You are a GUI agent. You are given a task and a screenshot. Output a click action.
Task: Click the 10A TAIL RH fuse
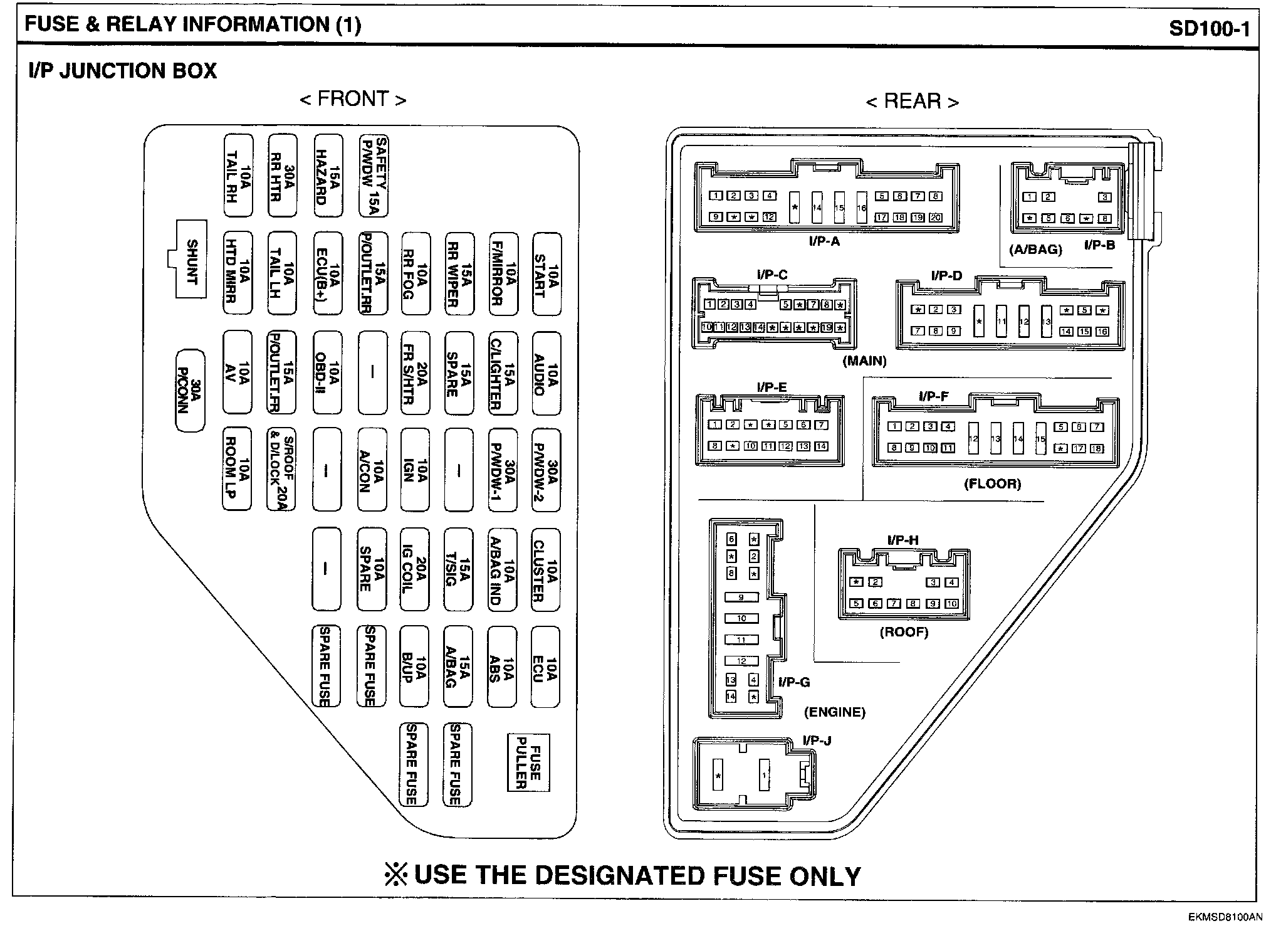238,176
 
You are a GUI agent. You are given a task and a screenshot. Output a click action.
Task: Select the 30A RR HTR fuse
282,176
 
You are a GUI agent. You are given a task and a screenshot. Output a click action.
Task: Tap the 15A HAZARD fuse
328,176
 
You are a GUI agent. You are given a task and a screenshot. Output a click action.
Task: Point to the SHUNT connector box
191,260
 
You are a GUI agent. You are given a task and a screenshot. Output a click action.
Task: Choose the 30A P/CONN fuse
190,391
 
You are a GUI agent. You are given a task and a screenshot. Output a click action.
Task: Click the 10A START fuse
547,275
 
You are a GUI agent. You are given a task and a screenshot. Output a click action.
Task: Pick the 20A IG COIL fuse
414,569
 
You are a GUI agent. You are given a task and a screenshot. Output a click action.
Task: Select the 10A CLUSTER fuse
545,569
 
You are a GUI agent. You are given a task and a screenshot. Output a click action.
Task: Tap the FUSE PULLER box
528,762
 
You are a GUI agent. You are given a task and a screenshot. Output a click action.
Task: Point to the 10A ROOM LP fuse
238,469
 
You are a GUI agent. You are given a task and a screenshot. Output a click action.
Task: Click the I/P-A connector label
824,241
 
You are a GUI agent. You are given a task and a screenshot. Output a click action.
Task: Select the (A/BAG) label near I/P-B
1035,250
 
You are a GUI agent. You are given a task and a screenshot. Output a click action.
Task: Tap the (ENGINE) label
834,712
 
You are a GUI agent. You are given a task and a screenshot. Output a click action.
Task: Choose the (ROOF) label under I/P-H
904,632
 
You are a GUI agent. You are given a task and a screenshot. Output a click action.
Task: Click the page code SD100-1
1209,29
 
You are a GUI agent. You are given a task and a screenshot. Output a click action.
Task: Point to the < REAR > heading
912,102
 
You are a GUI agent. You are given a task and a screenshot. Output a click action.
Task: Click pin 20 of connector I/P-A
936,218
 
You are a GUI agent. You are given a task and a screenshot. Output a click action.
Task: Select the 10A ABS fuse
503,667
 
